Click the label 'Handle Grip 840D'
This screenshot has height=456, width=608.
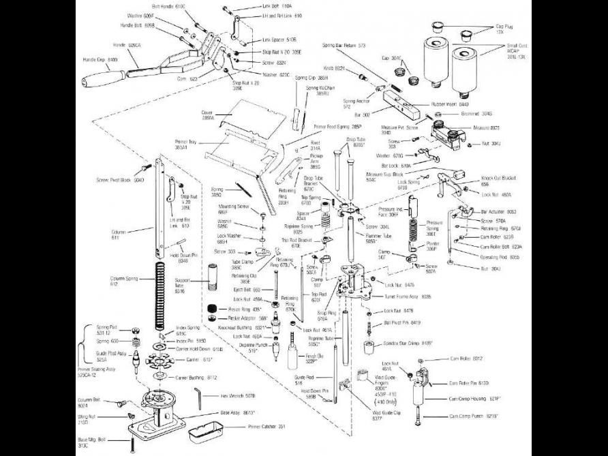[101, 59]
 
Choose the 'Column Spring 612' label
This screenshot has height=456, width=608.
[123, 282]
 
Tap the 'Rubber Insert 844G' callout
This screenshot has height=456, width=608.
[450, 104]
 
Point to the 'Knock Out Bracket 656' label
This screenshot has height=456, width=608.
[498, 181]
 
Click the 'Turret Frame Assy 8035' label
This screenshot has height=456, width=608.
[407, 297]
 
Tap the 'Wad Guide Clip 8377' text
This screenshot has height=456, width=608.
[386, 415]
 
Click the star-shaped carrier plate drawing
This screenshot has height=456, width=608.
[155, 358]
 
